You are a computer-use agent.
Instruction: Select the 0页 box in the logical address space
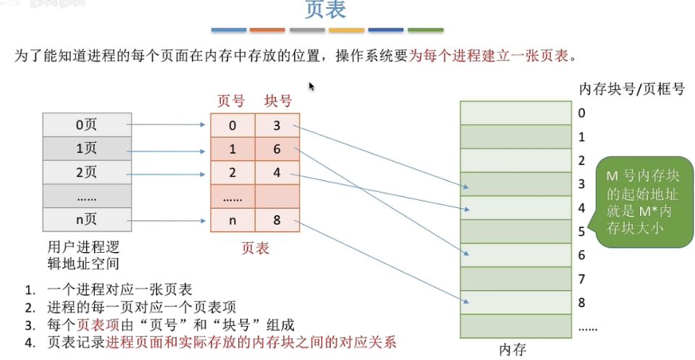(87, 125)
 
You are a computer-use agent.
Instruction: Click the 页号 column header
(232, 101)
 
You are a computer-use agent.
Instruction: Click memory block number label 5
(582, 232)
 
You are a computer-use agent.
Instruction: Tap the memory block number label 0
(582, 113)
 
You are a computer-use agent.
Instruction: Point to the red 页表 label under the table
(255, 248)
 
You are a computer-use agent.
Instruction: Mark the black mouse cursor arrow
(312, 86)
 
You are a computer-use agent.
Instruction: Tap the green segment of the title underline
(426, 30)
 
